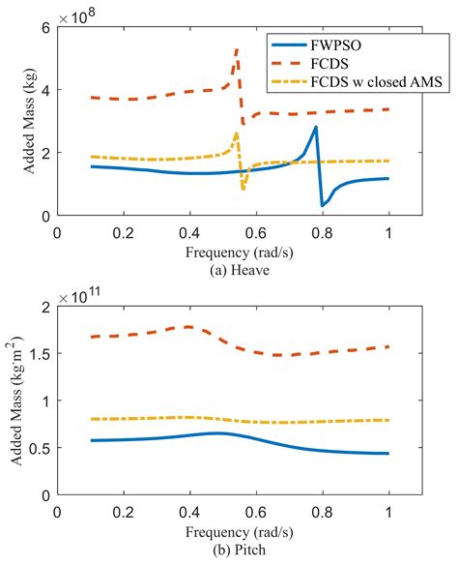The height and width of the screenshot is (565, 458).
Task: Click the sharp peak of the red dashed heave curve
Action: (x=237, y=48)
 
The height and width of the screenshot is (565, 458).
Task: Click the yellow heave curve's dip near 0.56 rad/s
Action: (x=243, y=188)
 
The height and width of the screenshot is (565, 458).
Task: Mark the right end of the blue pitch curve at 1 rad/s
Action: (x=387, y=454)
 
